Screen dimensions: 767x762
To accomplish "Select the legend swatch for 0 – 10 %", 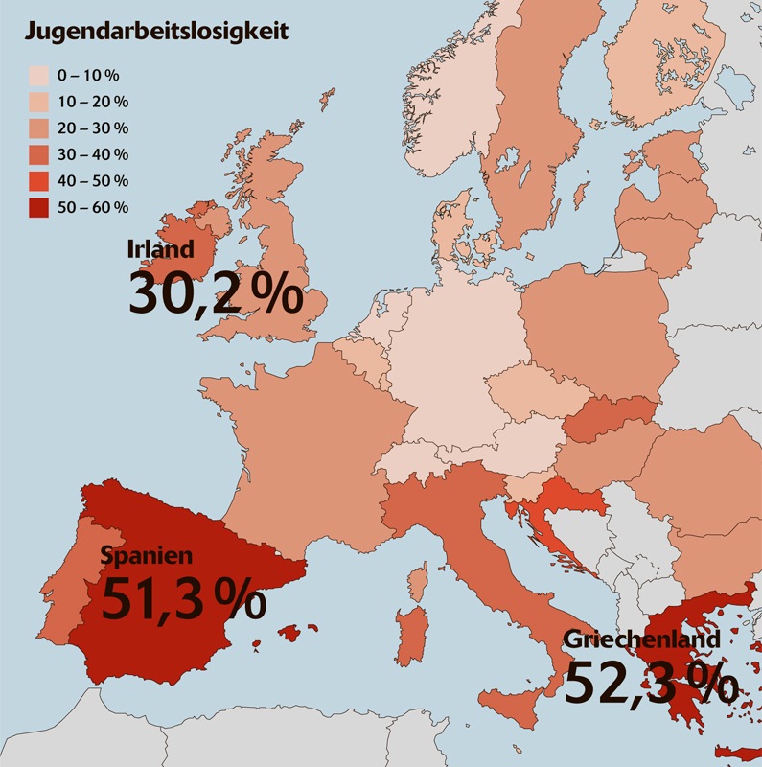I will coord(39,75).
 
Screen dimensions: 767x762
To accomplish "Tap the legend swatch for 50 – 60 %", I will coord(39,207).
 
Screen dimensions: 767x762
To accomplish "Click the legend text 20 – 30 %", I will coord(92,128).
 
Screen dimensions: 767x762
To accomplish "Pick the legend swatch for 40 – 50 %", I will coord(39,180).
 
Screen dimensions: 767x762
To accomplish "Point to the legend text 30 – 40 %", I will coord(92,154).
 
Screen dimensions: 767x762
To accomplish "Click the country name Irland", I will coord(160,248).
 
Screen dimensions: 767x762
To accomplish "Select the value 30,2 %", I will coord(215,292).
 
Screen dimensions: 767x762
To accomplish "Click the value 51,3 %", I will coord(182,598).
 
